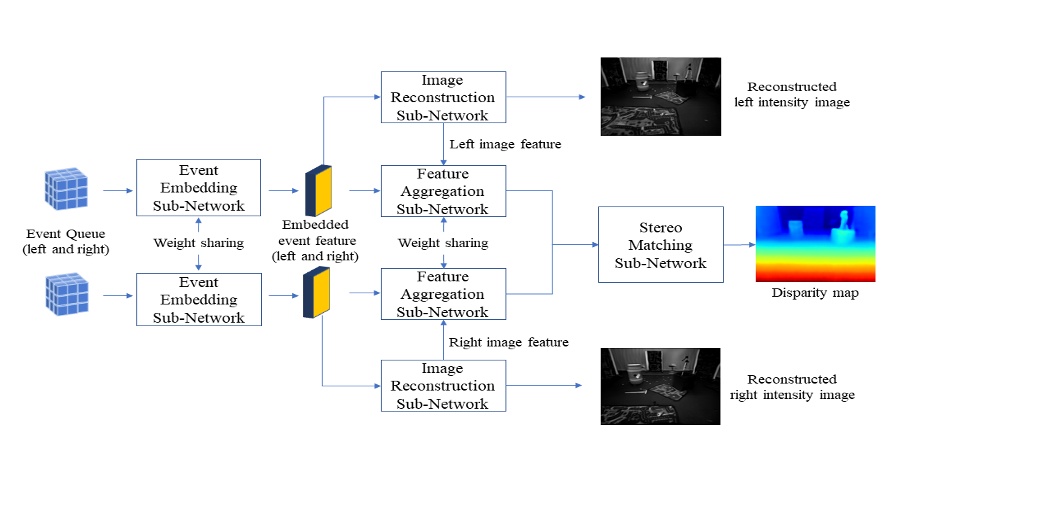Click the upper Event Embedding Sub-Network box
(198, 188)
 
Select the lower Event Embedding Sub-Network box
(198, 299)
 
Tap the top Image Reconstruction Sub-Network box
(442, 97)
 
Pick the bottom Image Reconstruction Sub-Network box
(442, 386)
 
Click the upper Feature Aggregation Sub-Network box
(442, 191)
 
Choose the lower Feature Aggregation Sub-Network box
(442, 294)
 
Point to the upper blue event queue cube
(66, 189)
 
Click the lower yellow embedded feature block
(316, 291)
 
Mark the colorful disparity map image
(815, 244)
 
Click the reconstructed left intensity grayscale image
(660, 96)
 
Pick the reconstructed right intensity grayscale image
(660, 386)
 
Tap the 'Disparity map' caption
(815, 293)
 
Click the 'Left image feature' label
(505, 144)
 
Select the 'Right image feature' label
(508, 342)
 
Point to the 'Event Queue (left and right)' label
(64, 241)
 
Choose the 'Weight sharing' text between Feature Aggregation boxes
(443, 243)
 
